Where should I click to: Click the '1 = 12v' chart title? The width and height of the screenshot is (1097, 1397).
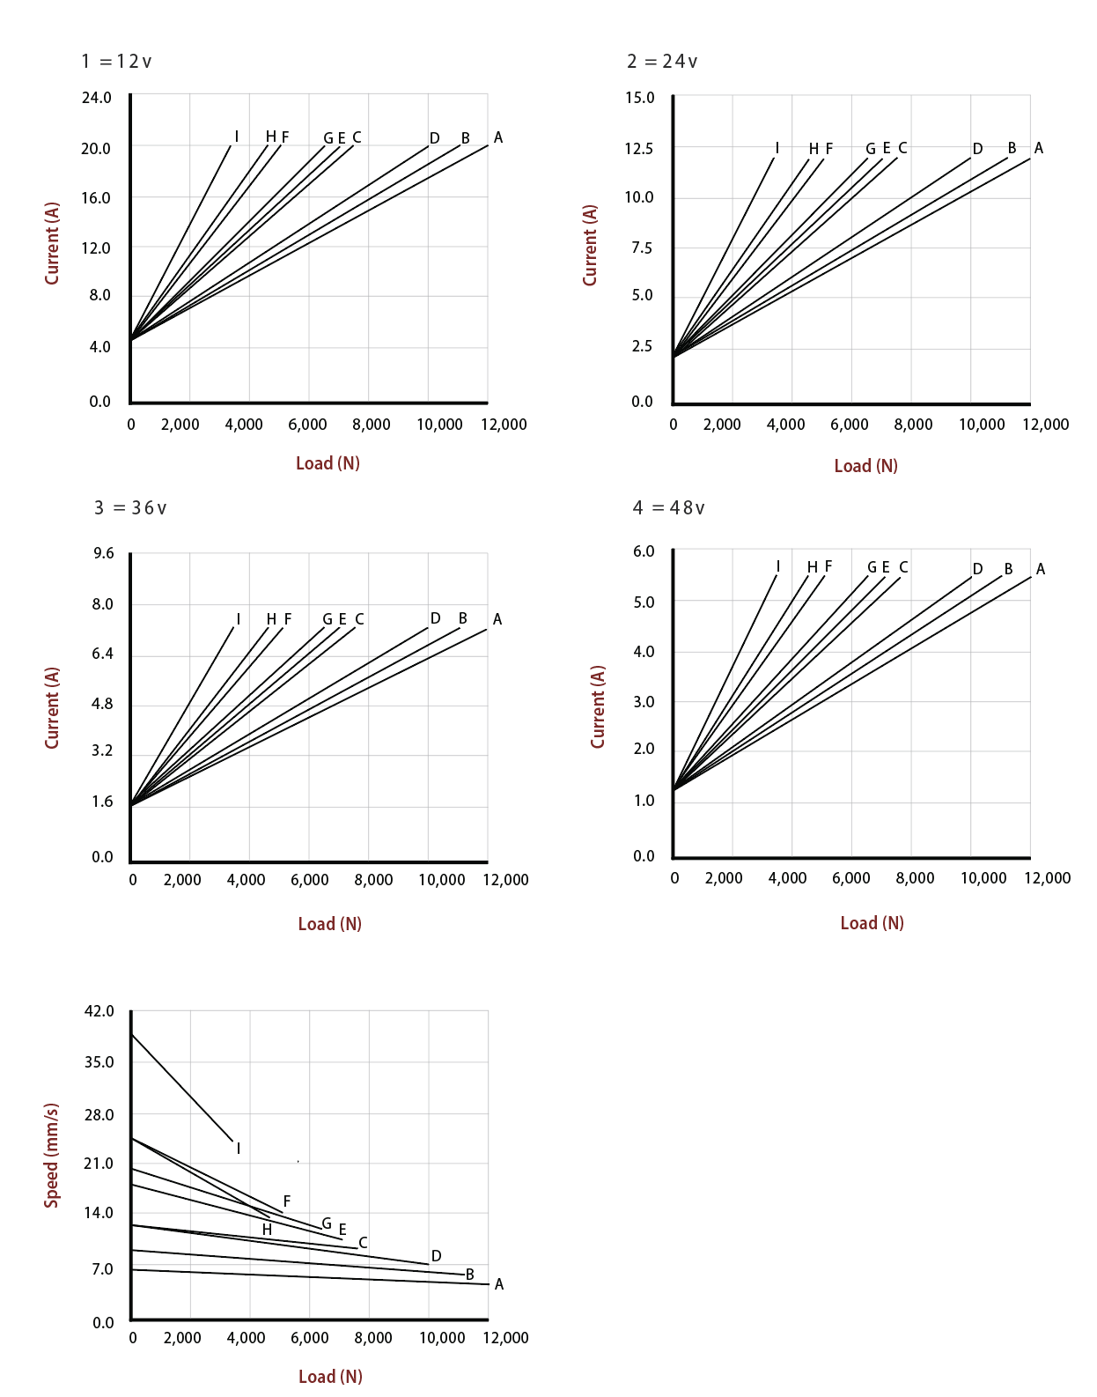pos(116,62)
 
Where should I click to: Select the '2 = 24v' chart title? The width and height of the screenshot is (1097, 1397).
pos(662,62)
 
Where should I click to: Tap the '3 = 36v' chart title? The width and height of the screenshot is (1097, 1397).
pos(130,508)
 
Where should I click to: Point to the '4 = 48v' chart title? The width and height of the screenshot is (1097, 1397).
pos(669,508)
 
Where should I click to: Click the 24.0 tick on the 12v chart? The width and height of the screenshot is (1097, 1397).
pos(97,98)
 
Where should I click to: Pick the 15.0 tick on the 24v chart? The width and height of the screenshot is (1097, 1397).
pos(640,98)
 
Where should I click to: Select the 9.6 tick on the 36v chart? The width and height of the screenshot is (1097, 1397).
pos(104,553)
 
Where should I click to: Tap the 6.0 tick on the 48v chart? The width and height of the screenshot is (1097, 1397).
pos(644,551)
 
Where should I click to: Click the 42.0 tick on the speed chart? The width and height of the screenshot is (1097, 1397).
pos(99,1011)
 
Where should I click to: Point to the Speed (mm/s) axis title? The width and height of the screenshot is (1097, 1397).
pos(52,1155)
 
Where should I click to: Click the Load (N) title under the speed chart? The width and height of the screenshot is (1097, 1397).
pos(330,1377)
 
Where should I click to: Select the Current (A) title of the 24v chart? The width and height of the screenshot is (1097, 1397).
pos(590,245)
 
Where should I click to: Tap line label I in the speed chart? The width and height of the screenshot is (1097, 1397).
pos(239,1149)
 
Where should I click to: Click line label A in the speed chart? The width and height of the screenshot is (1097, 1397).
pos(499,1284)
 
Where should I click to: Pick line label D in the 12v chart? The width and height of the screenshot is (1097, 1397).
pos(435,138)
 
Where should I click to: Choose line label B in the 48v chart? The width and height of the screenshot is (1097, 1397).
pos(1009,569)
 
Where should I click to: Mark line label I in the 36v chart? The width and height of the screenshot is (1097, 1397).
pos(239,619)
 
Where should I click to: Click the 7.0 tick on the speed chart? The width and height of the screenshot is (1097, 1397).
pos(104,1269)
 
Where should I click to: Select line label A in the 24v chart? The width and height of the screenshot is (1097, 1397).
pos(1039,148)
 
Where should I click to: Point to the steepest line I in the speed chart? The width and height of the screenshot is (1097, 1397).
pos(180,1086)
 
